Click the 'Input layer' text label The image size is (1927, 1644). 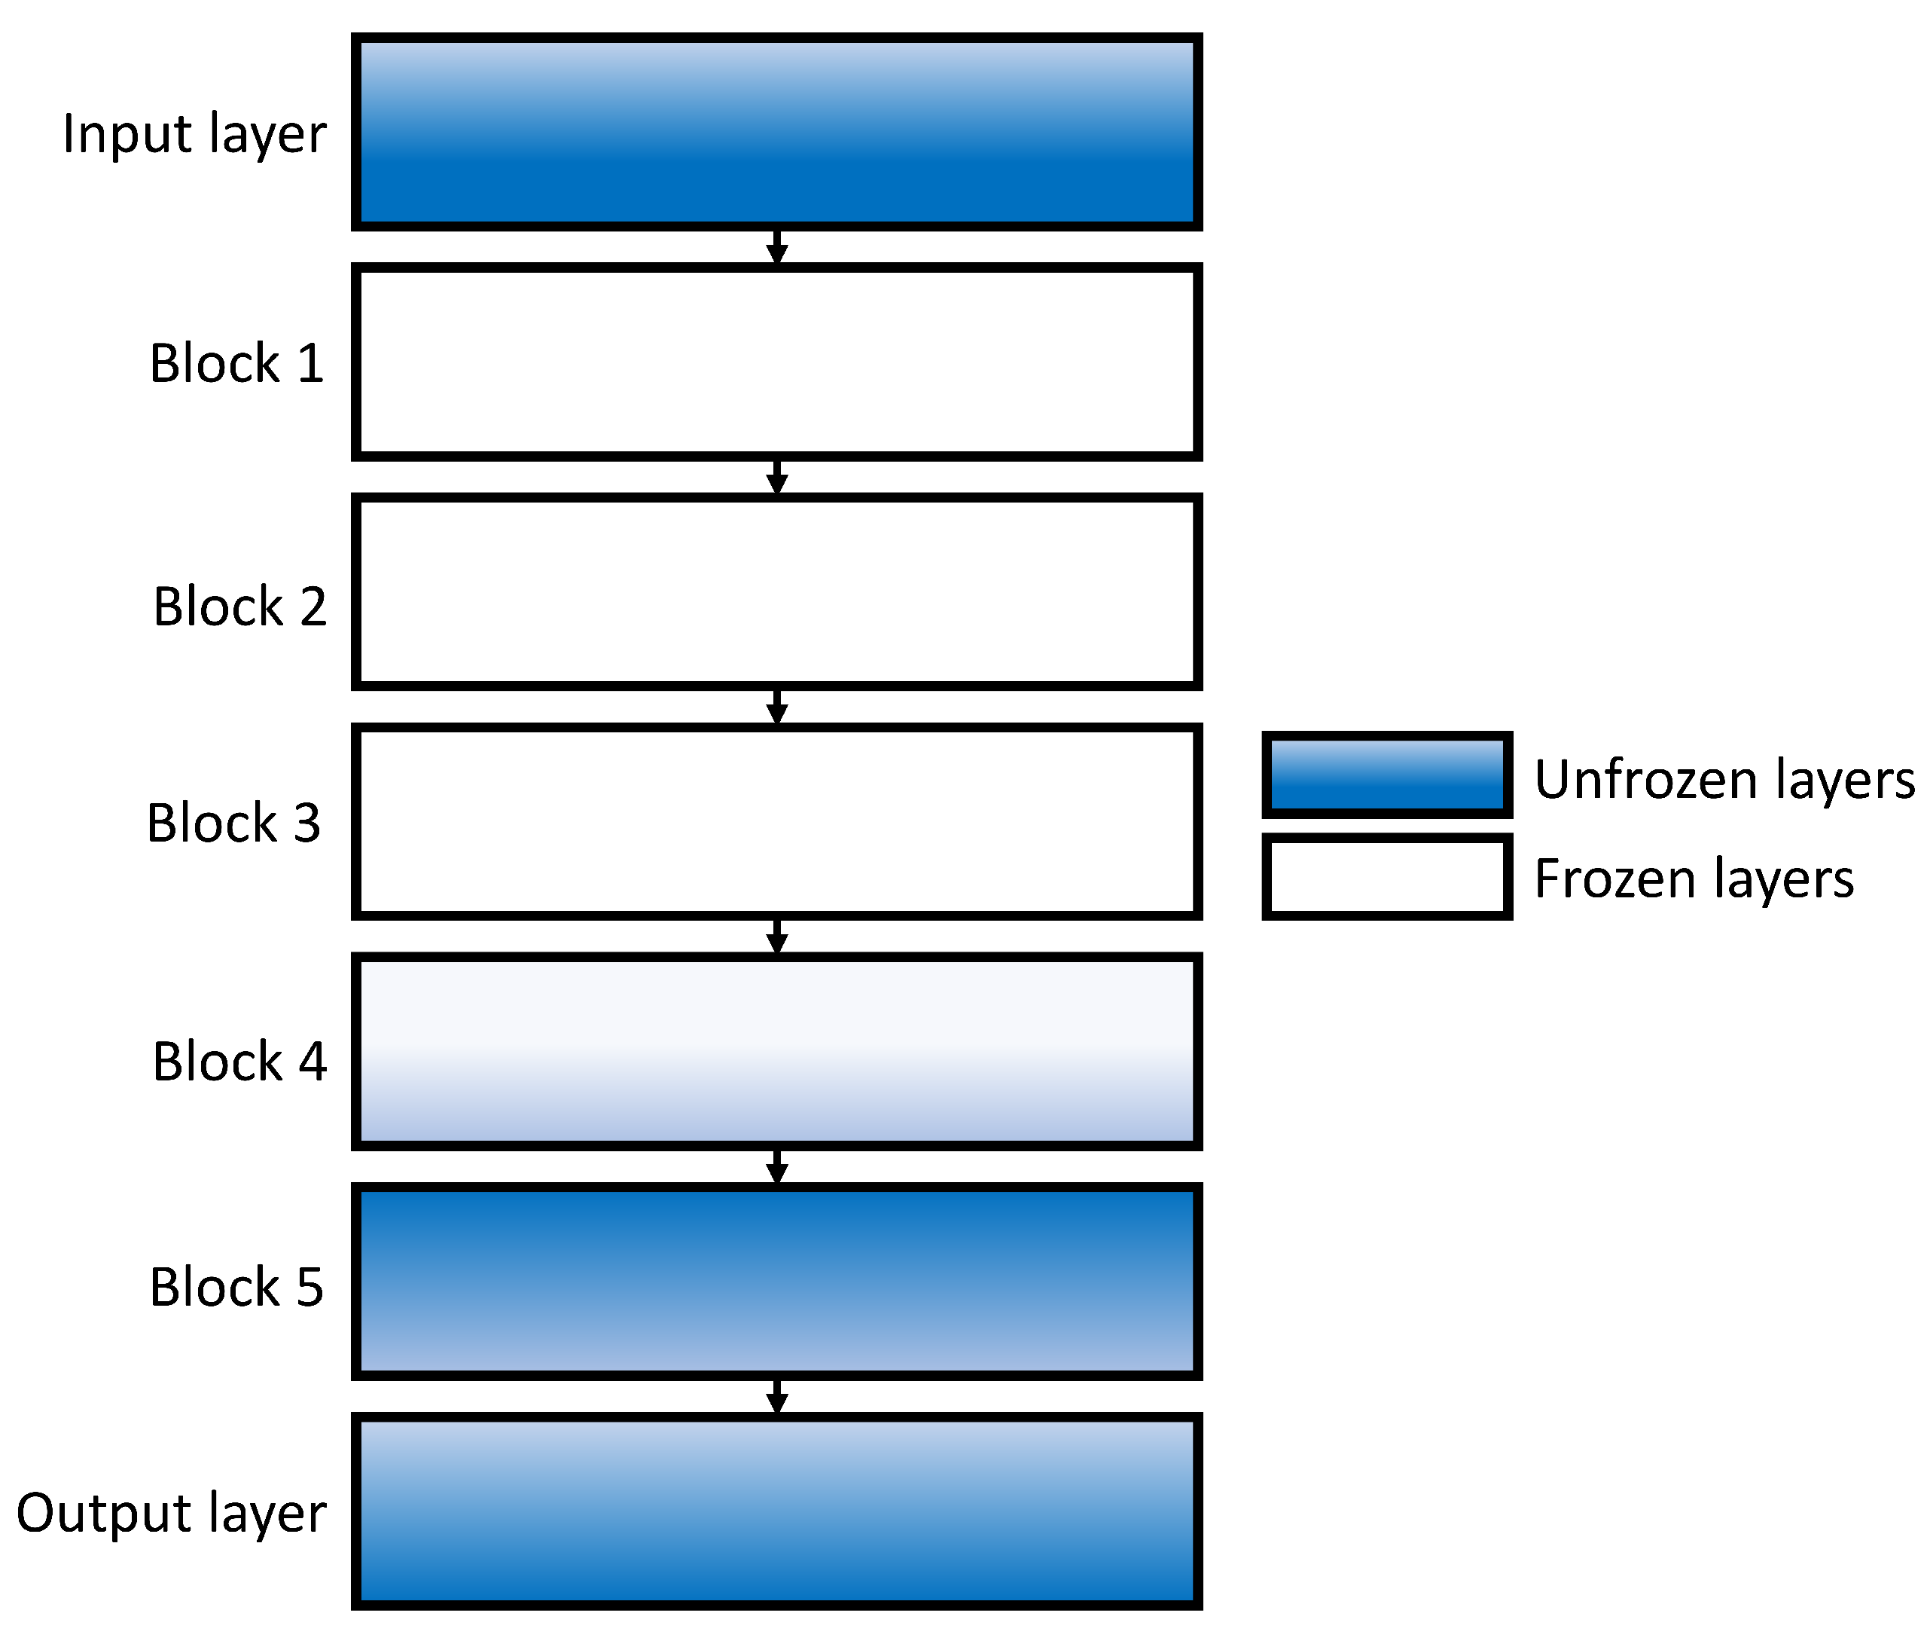coord(194,135)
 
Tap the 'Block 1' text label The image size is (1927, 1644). coord(236,363)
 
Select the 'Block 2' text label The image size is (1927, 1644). coord(240,607)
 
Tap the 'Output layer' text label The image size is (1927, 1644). coord(171,1513)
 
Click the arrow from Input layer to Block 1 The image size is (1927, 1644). coord(776,247)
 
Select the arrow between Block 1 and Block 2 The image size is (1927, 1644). coord(776,477)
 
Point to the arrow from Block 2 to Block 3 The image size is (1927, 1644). coord(776,707)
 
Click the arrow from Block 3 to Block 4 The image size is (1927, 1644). coord(776,937)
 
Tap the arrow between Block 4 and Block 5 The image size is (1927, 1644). coord(776,1167)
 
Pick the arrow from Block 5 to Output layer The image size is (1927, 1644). coord(776,1397)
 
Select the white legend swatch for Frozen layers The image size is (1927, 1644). coord(1386,876)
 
